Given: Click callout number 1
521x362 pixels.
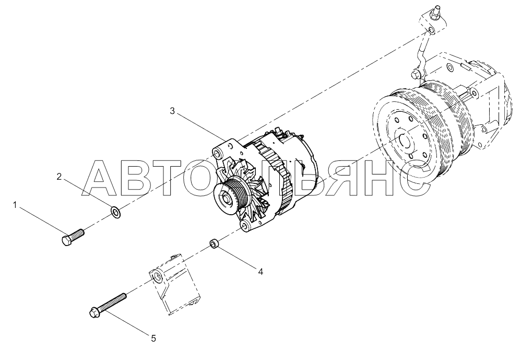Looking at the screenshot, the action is click(15, 205).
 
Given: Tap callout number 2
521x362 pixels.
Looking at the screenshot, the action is click(59, 177).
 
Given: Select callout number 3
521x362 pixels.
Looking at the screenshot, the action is click(172, 111).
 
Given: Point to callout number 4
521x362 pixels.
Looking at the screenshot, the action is click(260, 272).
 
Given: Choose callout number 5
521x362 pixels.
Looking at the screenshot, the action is click(153, 338).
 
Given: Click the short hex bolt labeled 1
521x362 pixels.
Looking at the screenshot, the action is click(73, 237).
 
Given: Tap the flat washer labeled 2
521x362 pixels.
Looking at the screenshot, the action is click(115, 212).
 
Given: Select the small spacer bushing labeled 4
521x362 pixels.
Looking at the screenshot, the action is click(214, 243).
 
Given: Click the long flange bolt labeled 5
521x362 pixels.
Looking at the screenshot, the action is click(108, 305).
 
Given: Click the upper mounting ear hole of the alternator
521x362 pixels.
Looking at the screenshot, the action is click(218, 154).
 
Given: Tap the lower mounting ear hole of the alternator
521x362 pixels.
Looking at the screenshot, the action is click(245, 226).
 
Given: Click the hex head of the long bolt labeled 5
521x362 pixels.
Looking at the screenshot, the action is click(94, 312).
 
